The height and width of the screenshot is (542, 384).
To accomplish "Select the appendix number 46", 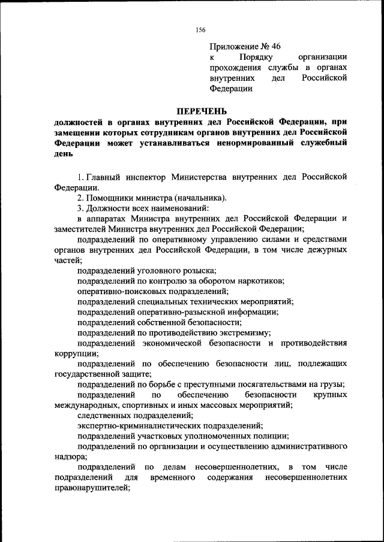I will click(x=275, y=46).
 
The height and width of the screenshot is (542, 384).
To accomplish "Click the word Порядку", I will click(x=257, y=57).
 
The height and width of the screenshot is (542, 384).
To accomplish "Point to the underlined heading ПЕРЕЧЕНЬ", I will click(x=201, y=111).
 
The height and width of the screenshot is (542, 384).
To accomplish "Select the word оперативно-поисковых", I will click(x=118, y=292).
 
